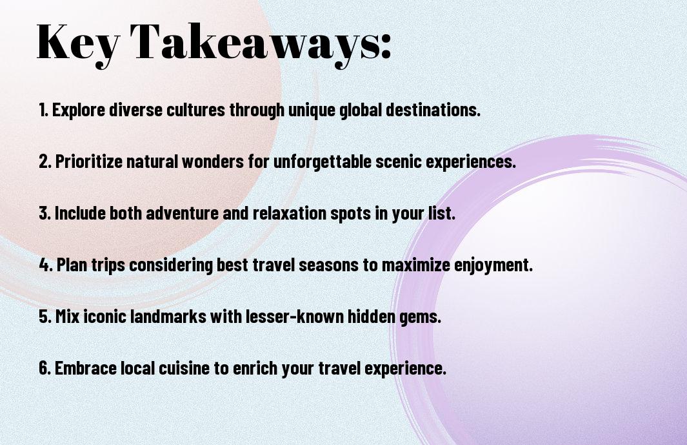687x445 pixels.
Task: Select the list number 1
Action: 43,110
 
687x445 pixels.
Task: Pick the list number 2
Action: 45,161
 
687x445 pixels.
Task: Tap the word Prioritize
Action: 89,161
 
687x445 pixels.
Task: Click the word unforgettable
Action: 323,161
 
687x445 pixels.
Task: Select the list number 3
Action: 45,213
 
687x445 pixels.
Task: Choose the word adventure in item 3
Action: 183,213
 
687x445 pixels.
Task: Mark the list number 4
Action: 46,265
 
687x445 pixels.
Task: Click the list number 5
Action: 45,316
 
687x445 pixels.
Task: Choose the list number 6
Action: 45,368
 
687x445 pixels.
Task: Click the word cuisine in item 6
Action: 184,368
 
